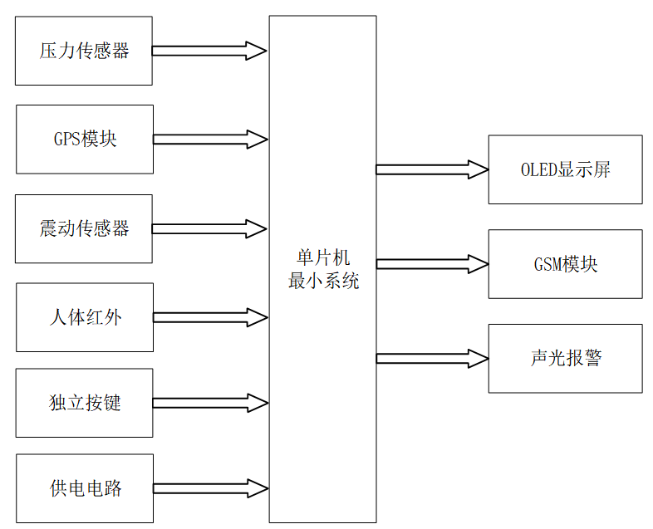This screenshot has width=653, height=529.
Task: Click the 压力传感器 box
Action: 84,51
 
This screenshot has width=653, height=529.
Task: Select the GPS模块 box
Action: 84,139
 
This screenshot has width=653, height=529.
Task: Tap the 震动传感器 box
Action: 84,228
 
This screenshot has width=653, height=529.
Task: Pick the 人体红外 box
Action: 84,317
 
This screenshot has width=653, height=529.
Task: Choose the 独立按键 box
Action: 84,403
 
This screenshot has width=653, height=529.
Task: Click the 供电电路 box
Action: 84,488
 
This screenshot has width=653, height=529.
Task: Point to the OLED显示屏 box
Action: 565,169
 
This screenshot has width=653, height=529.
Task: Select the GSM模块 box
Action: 565,264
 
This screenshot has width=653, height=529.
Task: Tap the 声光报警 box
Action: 565,359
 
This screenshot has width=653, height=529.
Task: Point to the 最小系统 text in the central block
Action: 322,281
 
